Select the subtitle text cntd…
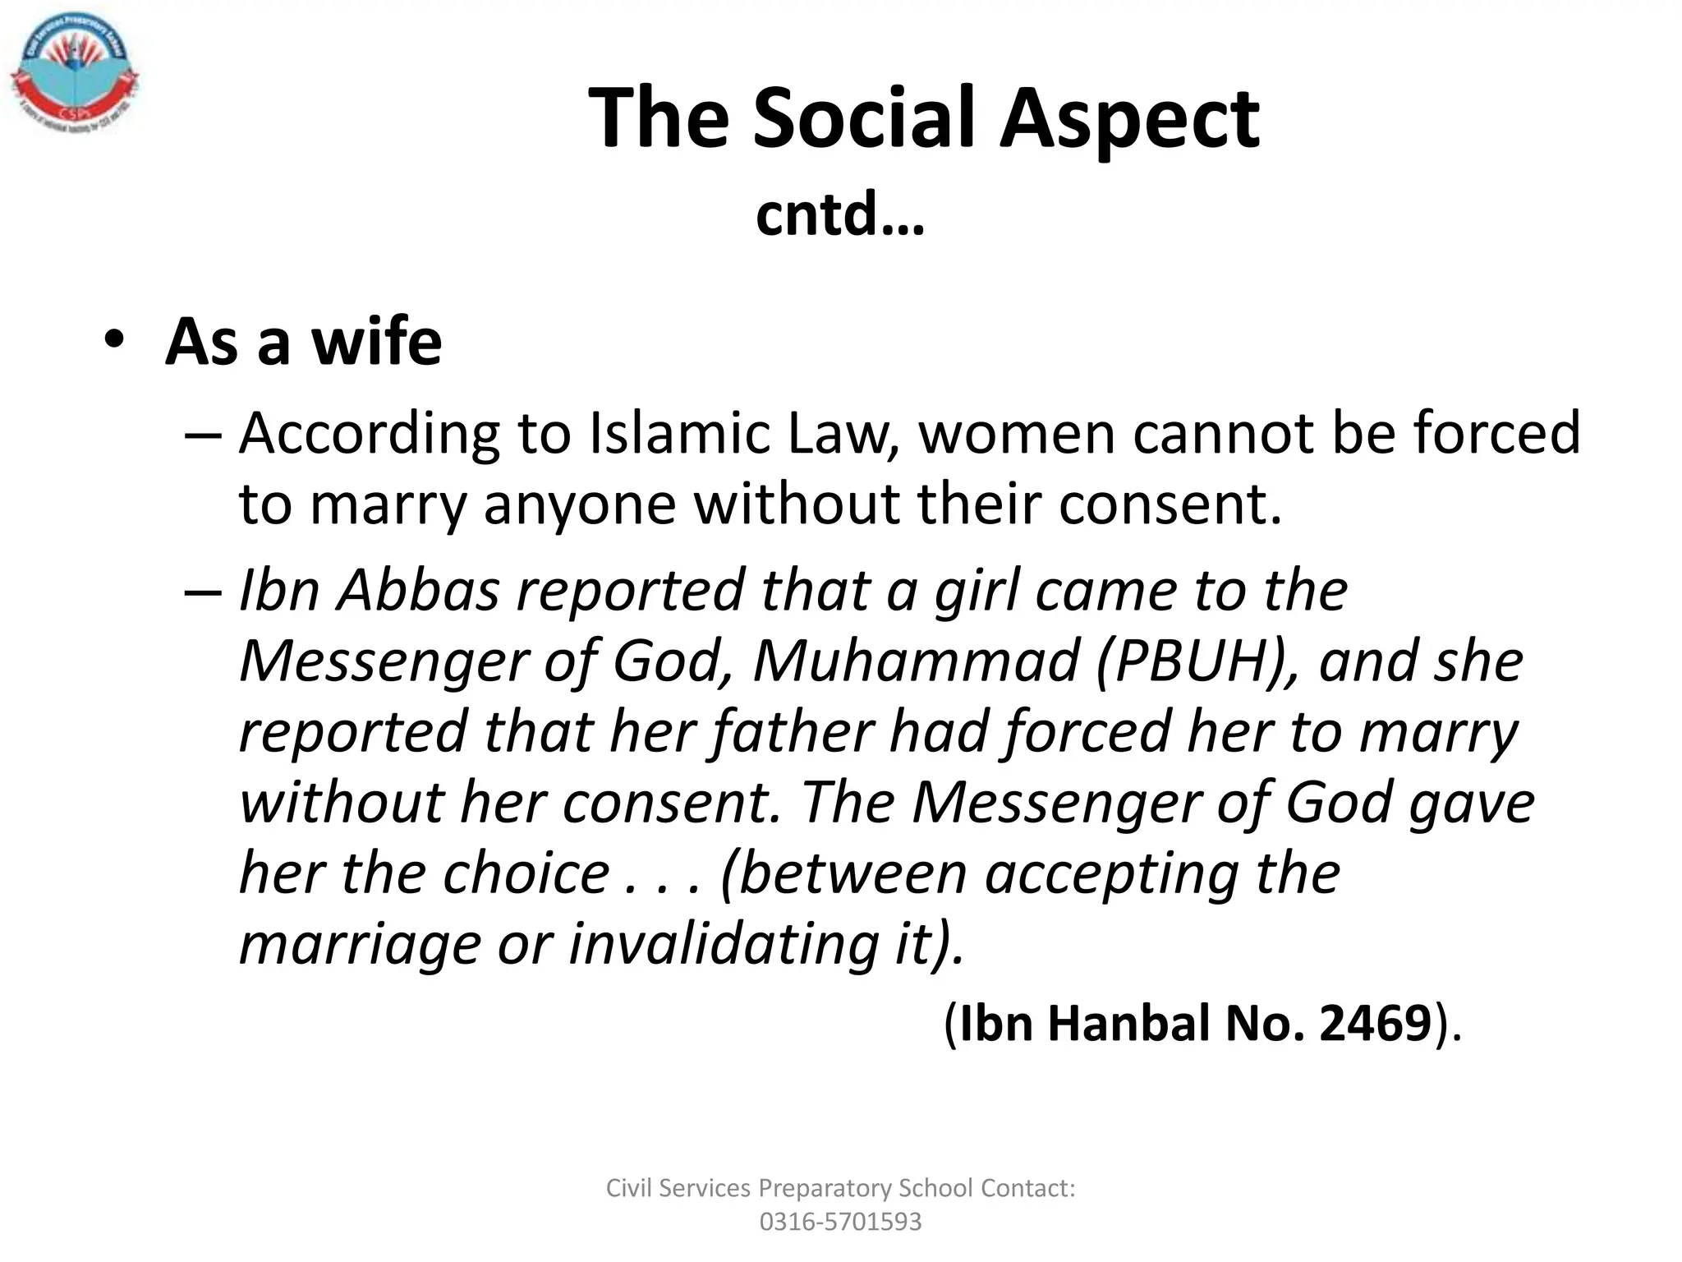[x=839, y=214]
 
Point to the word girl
[x=976, y=592]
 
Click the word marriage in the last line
[x=359, y=945]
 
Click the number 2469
[x=1376, y=1024]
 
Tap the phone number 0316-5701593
[x=840, y=1222]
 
